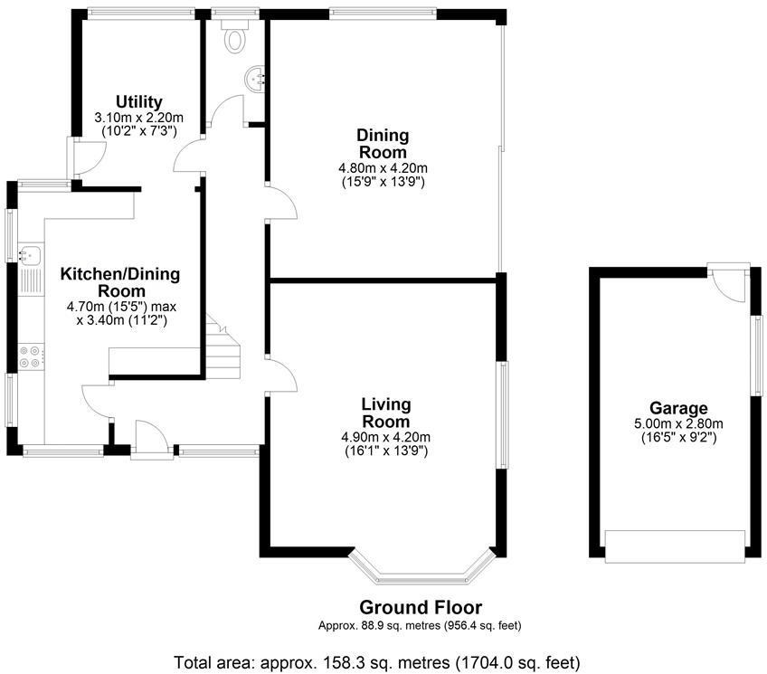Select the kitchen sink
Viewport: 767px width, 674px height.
[31, 255]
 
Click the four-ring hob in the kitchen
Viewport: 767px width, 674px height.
[29, 356]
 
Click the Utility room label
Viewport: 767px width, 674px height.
[139, 101]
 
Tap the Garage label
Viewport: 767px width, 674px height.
[678, 408]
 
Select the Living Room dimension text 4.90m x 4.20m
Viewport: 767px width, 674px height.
[386, 437]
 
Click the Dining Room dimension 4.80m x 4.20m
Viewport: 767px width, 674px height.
[383, 168]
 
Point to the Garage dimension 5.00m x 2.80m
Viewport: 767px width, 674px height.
[678, 424]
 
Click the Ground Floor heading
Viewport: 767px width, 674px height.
[421, 607]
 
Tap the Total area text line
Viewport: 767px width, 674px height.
[377, 663]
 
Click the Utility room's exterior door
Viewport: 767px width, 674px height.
[86, 157]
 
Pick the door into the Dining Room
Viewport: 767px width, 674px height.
[280, 203]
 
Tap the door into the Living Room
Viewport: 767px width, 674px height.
[280, 375]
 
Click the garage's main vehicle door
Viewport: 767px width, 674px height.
[676, 546]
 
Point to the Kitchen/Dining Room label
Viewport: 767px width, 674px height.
[120, 282]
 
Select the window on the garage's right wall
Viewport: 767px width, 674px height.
[757, 356]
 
